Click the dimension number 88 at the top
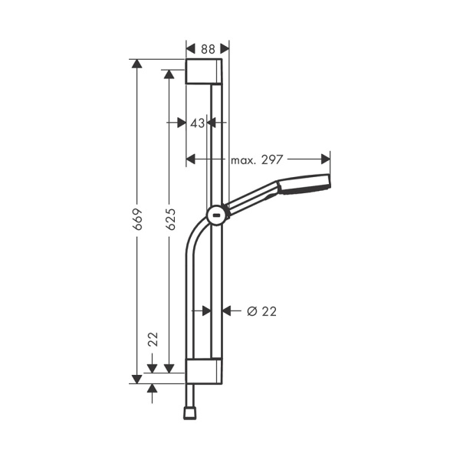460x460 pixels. click(207, 48)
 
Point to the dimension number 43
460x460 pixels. click(197, 122)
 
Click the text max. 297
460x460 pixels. click(258, 159)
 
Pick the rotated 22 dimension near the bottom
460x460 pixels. click(153, 340)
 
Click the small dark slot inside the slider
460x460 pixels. click(218, 217)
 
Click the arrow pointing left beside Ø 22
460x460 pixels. click(227, 310)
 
